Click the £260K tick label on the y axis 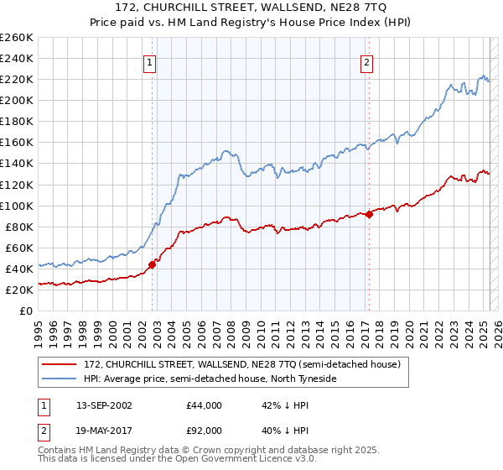pos(17,38)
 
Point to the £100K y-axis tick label pos(17,206)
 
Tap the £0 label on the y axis pos(27,311)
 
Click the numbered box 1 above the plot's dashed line pos(149,61)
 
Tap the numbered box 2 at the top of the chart pos(367,61)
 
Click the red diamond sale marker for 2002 pos(153,264)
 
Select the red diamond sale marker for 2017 pos(369,214)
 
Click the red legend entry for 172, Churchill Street pos(243,364)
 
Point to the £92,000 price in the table pos(205,430)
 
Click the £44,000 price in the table pos(205,405)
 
